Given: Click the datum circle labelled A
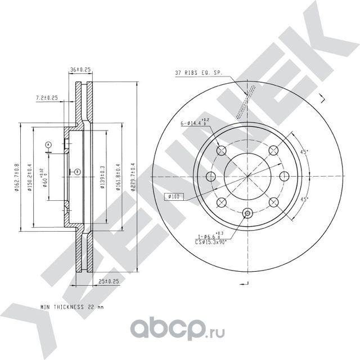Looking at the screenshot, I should (49, 145).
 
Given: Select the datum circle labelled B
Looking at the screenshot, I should (77, 171).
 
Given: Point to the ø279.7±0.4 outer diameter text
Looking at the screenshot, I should (133, 177).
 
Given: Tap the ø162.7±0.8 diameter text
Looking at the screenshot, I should (17, 177).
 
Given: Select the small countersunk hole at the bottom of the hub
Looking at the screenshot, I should (247, 213).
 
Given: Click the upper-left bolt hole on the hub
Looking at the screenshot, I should (221, 150).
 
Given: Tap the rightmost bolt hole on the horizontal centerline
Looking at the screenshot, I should (285, 175).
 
